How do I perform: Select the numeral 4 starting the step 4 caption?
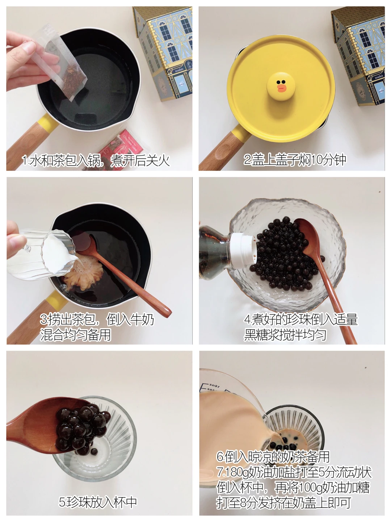248,320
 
